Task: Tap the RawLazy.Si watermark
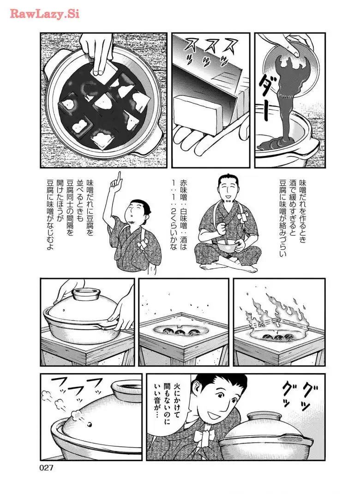pyautogui.click(x=44, y=14)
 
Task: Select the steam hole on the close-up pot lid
pyautogui.click(x=90, y=424)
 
